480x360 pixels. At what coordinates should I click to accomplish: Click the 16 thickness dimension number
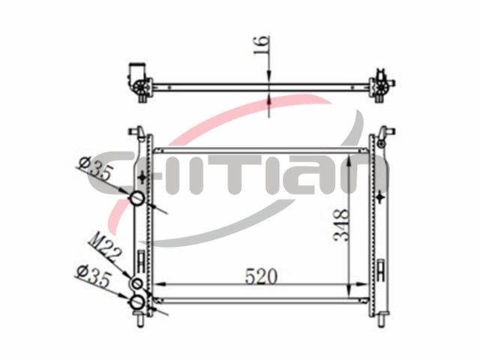click(262, 45)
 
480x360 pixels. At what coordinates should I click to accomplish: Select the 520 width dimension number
click(262, 276)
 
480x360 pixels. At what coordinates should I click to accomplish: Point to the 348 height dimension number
click(341, 225)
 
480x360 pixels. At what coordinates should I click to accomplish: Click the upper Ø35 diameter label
click(96, 169)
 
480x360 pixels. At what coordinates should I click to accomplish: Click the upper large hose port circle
click(137, 199)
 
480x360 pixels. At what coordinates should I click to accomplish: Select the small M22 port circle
click(137, 283)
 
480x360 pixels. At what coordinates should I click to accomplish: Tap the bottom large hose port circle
click(137, 302)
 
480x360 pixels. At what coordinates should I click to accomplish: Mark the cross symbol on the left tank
click(142, 178)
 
